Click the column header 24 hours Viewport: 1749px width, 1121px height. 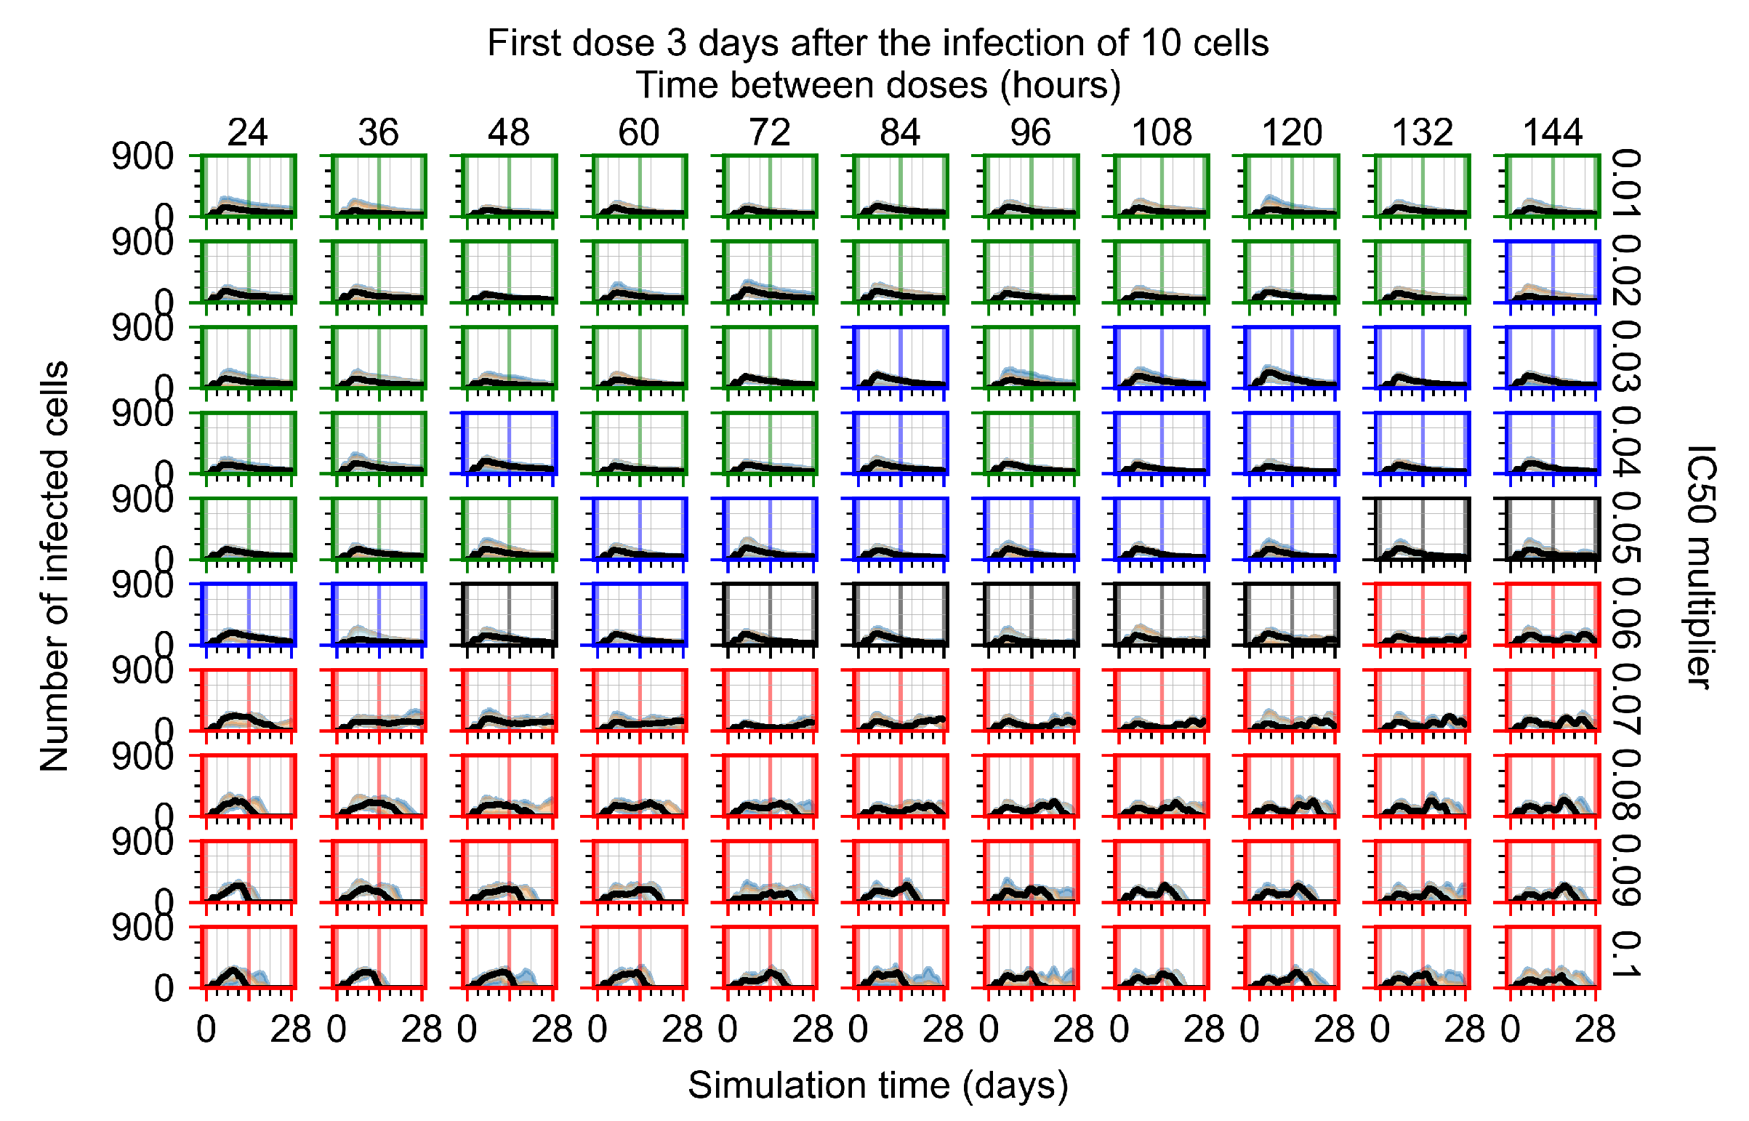tap(247, 132)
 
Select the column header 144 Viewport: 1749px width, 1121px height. tap(1552, 132)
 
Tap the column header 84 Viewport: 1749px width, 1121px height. tap(900, 132)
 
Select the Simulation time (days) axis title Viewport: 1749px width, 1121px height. tap(878, 1085)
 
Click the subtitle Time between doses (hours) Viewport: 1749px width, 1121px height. tap(878, 86)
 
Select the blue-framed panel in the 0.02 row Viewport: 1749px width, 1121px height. tap(1552, 270)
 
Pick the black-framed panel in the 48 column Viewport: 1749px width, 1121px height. tap(509, 614)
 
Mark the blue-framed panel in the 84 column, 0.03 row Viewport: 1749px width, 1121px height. tap(901, 357)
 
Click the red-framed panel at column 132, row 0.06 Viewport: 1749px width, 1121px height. tap(1421, 614)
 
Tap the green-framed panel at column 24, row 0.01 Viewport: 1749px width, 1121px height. tap(248, 185)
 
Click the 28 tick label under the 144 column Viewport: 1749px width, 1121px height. tap(1594, 1029)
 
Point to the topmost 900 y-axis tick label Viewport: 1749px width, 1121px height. tap(142, 156)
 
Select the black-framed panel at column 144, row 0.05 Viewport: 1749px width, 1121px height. tap(1552, 529)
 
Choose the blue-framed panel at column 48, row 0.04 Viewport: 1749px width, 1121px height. tap(509, 443)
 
